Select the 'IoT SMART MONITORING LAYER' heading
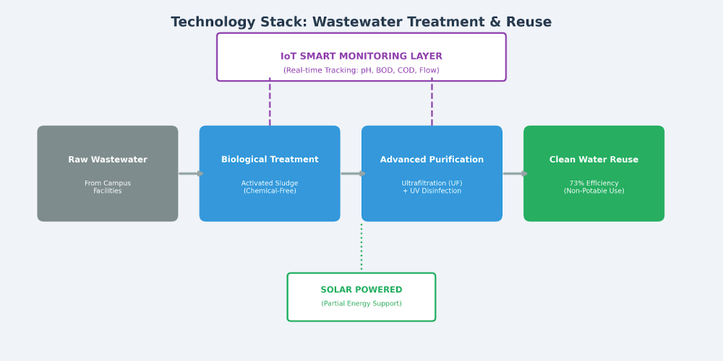pos(361,56)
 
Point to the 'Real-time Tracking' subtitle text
pos(361,71)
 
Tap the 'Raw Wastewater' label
pos(108,160)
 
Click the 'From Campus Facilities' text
pos(108,187)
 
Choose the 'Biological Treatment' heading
pos(270,160)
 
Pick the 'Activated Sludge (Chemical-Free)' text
pos(270,187)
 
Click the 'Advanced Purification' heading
pos(432,160)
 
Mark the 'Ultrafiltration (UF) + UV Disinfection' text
pos(432,187)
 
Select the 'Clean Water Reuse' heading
pos(594,160)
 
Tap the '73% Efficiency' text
pos(594,183)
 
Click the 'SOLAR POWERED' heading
pos(361,290)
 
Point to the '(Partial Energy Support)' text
pos(361,304)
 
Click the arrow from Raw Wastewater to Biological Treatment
pos(189,173)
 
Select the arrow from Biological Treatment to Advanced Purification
pos(351,173)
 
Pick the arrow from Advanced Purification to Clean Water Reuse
pos(513,173)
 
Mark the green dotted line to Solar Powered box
pos(361,247)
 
